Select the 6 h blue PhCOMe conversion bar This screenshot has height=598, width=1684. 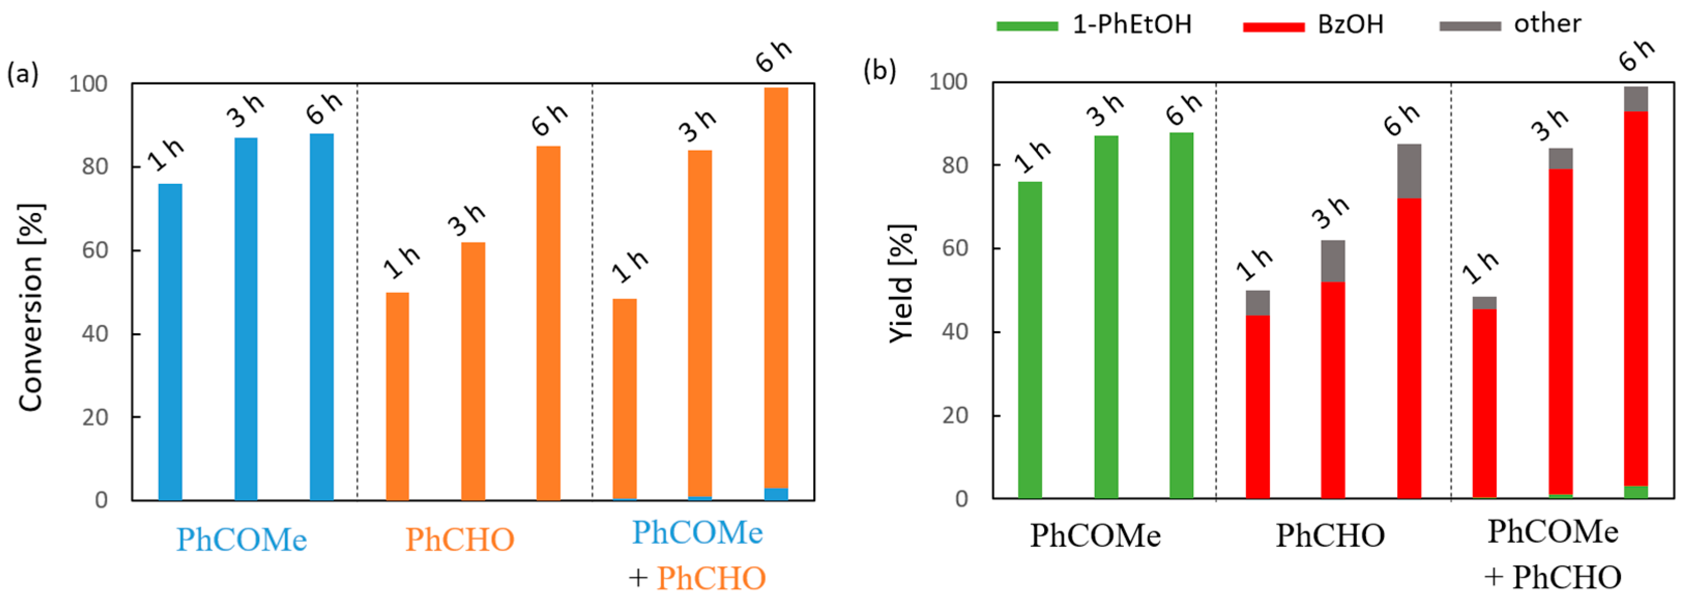pos(321,317)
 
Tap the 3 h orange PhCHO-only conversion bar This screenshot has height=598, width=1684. pos(473,371)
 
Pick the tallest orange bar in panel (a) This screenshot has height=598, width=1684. pos(776,288)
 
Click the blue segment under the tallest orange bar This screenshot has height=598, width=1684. pos(776,494)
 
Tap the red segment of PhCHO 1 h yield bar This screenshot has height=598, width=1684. pos(1257,407)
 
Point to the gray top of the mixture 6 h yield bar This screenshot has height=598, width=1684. pos(1636,99)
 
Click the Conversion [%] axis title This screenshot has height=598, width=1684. pos(31,307)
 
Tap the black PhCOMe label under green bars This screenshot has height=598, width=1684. pos(1095,536)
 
